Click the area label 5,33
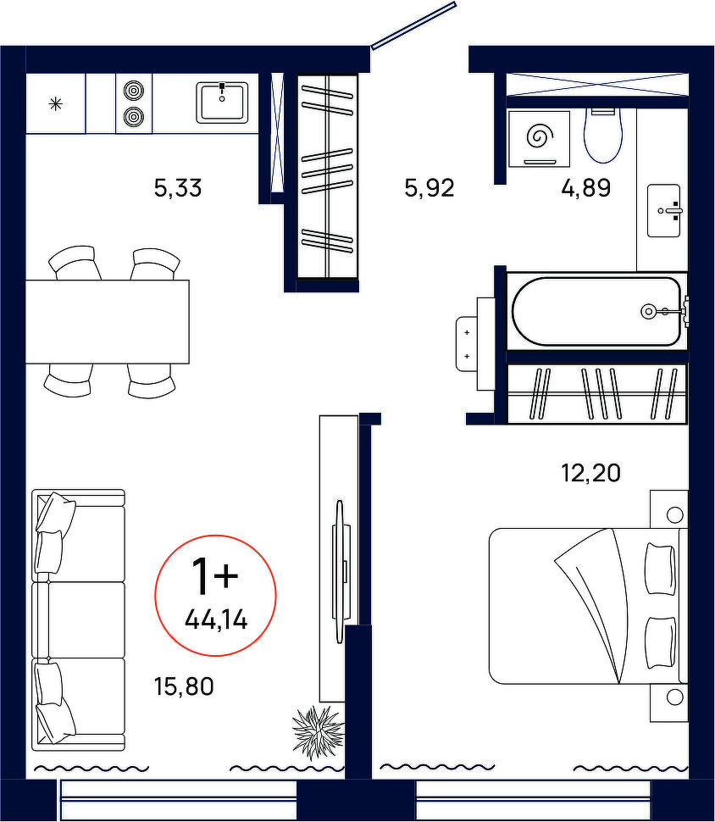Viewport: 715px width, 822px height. coord(178,187)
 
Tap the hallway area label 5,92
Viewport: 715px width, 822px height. coord(430,187)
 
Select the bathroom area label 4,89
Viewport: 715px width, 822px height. coord(586,187)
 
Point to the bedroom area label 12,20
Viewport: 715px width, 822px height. coord(590,473)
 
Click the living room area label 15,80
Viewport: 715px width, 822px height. coord(184,686)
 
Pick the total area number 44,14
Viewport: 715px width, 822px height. coord(216,621)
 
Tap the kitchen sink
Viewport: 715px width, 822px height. coord(222,103)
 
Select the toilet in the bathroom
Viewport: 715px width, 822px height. coord(603,134)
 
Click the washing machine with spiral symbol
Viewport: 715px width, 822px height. coord(539,138)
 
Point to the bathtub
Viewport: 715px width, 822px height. coord(596,311)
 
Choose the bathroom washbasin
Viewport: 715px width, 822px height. coord(663,210)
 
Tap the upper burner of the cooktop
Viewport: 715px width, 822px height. coord(133,91)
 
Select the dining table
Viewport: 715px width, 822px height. coord(108,321)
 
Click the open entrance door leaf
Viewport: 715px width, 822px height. coord(413,25)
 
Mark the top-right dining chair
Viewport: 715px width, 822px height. coord(155,264)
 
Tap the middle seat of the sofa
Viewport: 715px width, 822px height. coord(79,619)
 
